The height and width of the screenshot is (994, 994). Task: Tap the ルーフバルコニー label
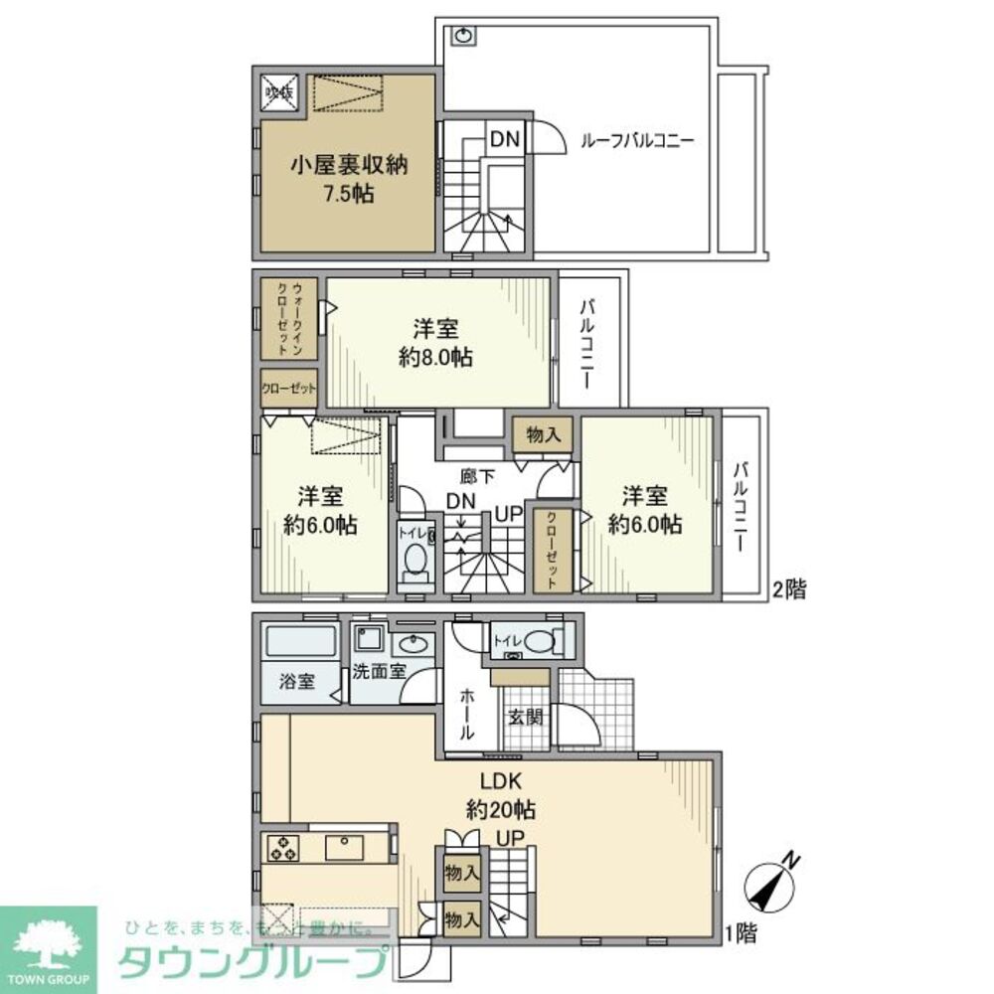(x=636, y=141)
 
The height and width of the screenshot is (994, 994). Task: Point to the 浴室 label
(x=296, y=681)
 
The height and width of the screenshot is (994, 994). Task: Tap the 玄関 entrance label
(x=524, y=716)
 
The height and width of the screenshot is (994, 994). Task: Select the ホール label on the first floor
(x=465, y=715)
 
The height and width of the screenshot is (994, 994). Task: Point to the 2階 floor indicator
(x=789, y=589)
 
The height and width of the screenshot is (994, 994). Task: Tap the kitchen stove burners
(x=281, y=848)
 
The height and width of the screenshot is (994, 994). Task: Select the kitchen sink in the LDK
(x=344, y=847)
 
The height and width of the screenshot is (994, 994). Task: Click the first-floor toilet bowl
(x=537, y=643)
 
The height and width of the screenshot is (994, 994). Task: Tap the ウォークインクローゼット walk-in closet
(x=289, y=317)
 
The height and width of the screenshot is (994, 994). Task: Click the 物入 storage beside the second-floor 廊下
(x=543, y=434)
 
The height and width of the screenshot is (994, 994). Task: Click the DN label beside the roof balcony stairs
(x=504, y=140)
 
